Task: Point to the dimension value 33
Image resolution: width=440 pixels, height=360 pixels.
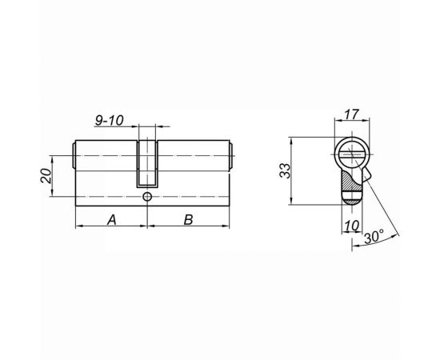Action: (x=298, y=170)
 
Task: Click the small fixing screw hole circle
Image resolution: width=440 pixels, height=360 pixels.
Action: (x=148, y=196)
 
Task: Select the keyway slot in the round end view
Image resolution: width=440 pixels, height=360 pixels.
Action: (x=350, y=151)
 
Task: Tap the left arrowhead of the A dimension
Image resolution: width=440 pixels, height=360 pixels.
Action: (x=78, y=227)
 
